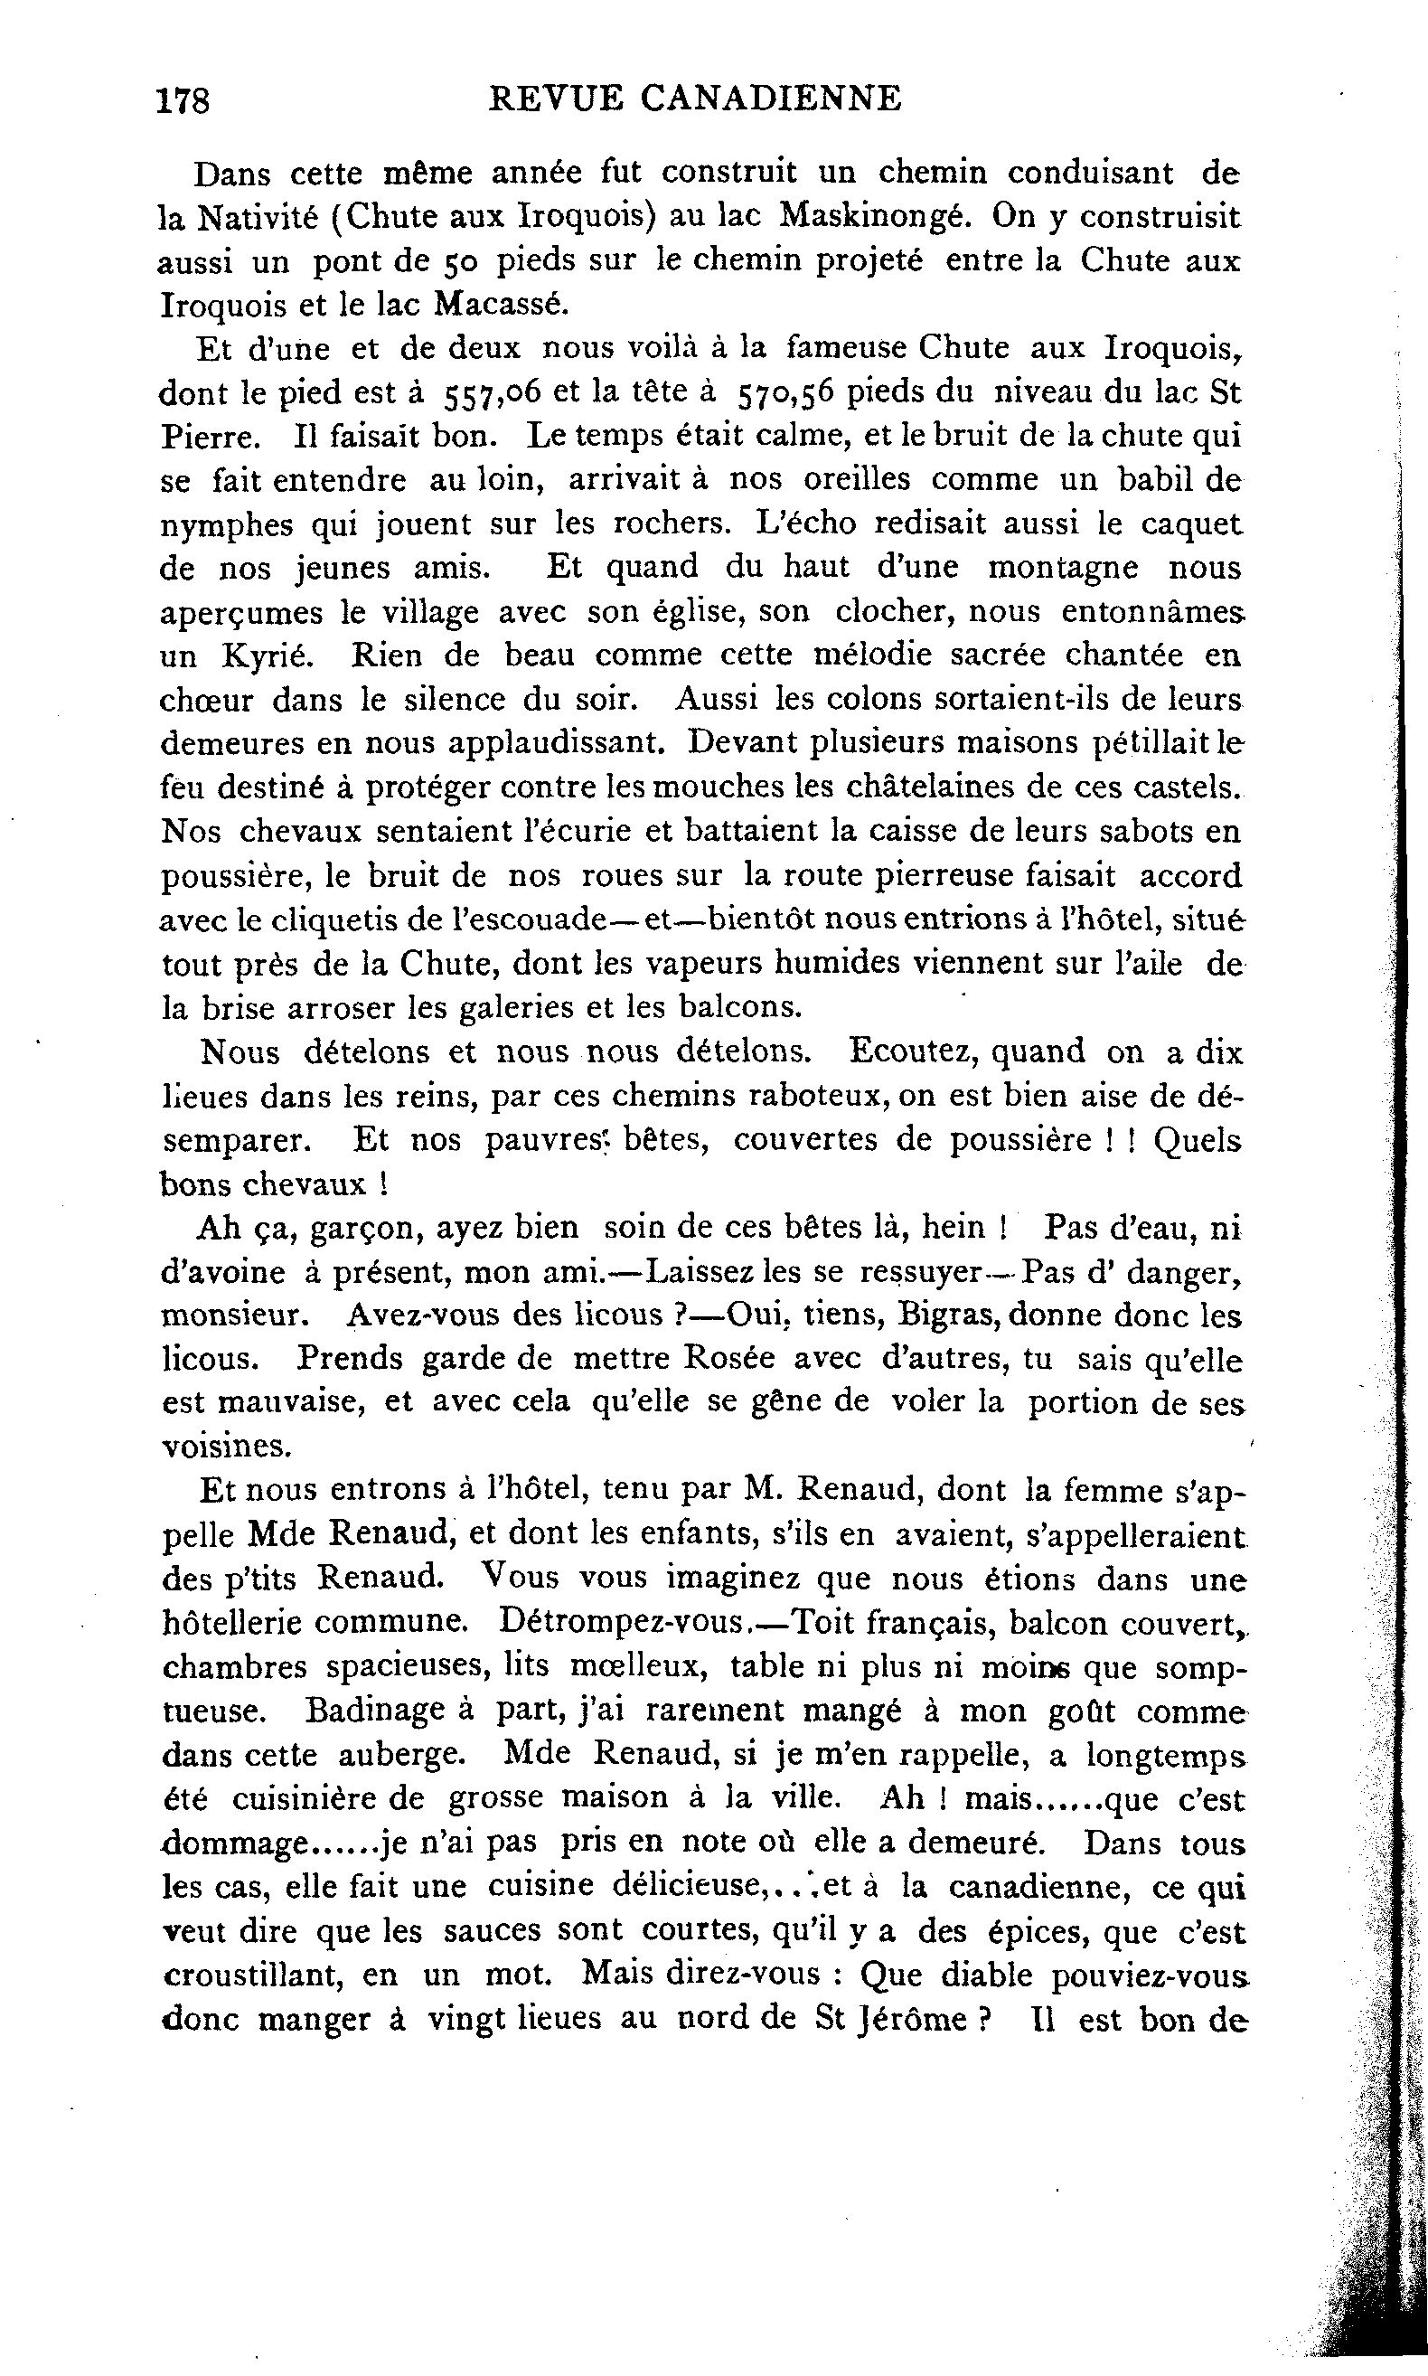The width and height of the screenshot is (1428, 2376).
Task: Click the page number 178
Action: [x=183, y=100]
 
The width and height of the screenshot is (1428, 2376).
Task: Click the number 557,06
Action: [x=493, y=392]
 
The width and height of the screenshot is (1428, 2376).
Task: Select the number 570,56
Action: [x=785, y=392]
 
